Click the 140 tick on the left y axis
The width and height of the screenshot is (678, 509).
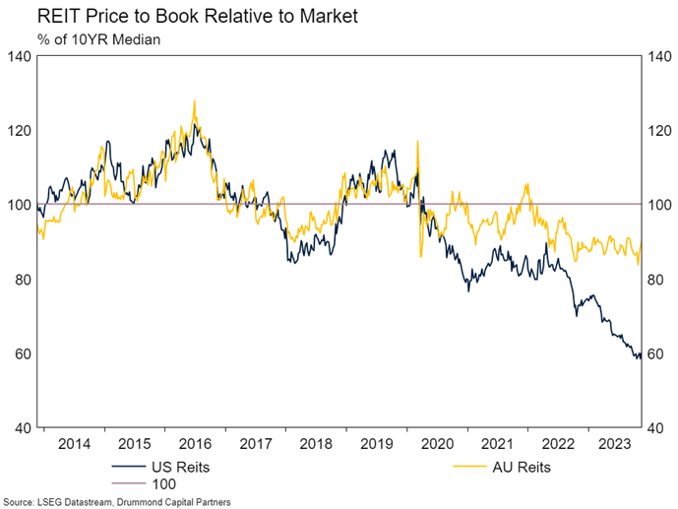coord(19,56)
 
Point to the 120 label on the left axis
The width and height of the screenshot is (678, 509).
coord(19,130)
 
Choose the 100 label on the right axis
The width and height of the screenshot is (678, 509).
coord(658,205)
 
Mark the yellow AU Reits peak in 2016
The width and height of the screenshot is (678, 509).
coord(194,100)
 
